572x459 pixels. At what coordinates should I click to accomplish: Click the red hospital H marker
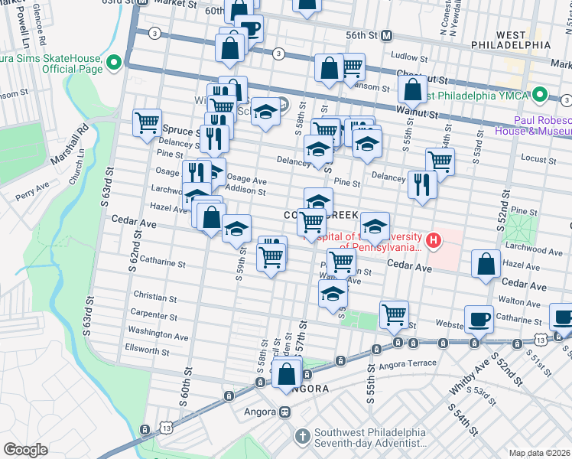point(434,243)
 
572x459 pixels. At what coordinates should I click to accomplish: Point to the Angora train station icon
point(284,412)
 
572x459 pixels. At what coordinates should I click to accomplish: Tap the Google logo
point(25,450)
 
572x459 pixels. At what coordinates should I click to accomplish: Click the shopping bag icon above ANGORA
point(287,375)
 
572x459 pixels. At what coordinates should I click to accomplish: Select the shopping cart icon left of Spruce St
point(147,122)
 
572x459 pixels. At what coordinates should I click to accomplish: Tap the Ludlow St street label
point(408,56)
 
